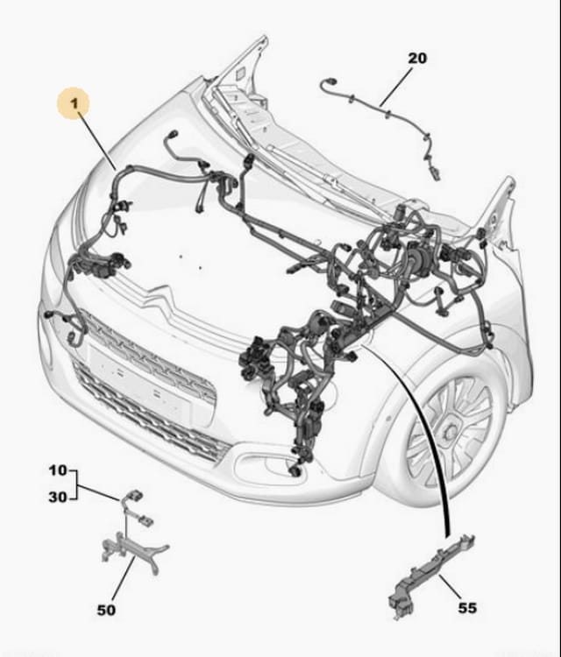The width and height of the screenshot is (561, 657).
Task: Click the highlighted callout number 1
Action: (75, 103)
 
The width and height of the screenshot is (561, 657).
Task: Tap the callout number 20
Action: (417, 58)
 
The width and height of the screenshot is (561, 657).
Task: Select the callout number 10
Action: (58, 470)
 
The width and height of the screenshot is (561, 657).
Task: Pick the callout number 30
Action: (58, 498)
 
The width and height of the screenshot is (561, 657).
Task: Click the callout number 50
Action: (106, 610)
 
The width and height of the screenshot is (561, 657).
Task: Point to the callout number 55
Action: (467, 608)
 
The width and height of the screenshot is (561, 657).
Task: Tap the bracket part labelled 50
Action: (134, 552)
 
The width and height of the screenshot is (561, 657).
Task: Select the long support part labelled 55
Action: (432, 574)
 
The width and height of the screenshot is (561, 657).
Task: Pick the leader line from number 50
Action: (124, 579)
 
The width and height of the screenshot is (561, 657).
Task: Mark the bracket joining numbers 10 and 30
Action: (75, 484)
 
